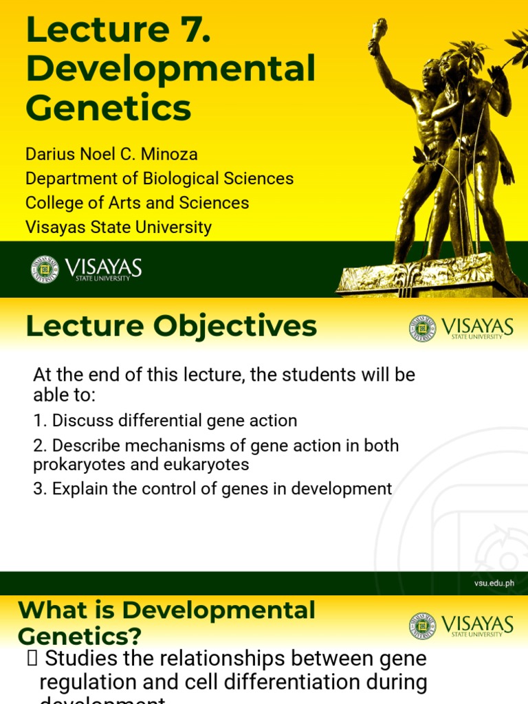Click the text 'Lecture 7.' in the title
118,31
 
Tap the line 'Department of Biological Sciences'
159,179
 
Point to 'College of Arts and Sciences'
137,203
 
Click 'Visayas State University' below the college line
118,227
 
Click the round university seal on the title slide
45,269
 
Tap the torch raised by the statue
379,32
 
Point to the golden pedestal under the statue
426,278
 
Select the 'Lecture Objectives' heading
171,327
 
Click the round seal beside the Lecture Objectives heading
422,328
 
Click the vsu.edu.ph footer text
494,584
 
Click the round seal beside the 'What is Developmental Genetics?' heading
422,626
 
